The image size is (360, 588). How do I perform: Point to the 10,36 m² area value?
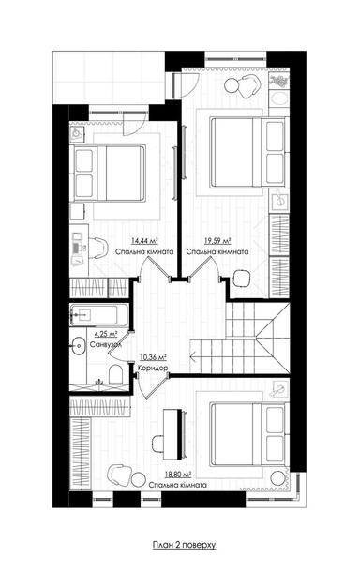tap(152, 357)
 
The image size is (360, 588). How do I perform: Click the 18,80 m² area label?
tap(178, 475)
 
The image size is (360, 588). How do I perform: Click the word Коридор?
tap(152, 369)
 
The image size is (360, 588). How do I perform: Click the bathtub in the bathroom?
tap(97, 313)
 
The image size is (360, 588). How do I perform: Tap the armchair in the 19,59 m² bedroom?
tap(246, 87)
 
